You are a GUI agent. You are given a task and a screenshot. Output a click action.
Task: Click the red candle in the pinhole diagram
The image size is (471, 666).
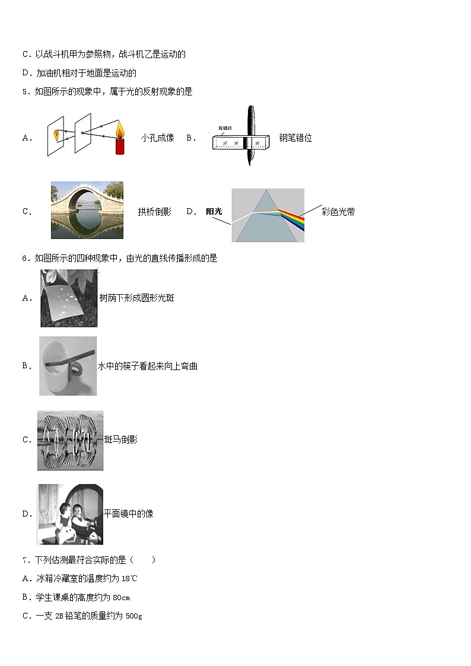[120, 146]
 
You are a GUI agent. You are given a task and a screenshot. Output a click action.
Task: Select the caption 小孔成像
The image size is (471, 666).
[157, 138]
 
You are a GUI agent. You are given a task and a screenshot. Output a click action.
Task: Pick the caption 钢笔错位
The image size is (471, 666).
[295, 138]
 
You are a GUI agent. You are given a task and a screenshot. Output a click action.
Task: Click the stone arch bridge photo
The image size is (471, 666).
[87, 210]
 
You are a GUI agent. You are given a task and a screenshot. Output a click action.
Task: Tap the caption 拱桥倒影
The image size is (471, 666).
[154, 212]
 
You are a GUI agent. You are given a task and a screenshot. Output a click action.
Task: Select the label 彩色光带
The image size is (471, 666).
[338, 212]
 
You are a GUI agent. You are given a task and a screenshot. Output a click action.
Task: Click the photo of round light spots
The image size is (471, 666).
[69, 298]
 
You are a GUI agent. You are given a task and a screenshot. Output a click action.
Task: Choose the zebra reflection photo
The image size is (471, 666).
[70, 440]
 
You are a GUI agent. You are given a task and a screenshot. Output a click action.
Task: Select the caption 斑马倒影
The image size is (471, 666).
[120, 439]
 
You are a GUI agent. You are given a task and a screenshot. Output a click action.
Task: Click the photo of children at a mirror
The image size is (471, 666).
[70, 514]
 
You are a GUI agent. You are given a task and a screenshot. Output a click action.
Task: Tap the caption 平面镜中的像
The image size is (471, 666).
[129, 514]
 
